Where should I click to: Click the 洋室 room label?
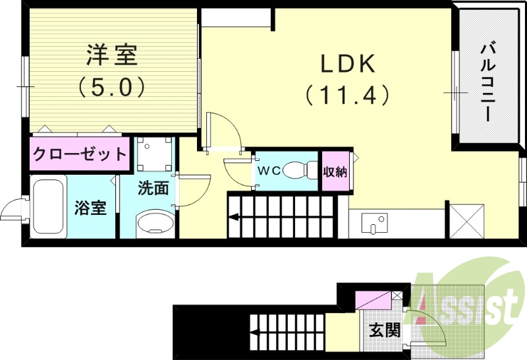click(x=112, y=55)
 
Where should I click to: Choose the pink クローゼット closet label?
click(x=80, y=155)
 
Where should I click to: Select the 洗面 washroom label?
click(x=153, y=188)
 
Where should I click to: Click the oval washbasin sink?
click(x=155, y=222)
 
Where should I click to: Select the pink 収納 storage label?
click(x=335, y=171)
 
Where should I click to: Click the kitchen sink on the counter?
click(x=376, y=224)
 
